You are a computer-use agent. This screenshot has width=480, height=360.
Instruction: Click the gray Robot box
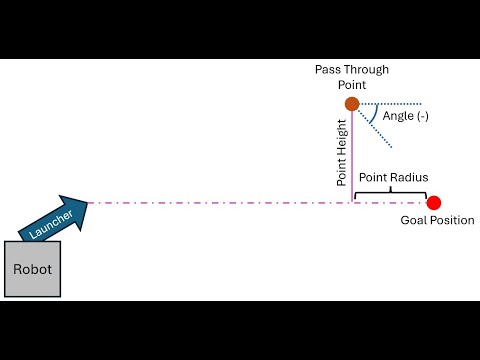(32, 269)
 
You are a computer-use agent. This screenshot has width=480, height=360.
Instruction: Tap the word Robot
(32, 269)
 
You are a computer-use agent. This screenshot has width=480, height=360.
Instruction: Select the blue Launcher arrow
(53, 219)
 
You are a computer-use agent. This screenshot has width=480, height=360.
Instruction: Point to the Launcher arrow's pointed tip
(88, 202)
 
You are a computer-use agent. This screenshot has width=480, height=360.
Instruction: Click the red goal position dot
(434, 203)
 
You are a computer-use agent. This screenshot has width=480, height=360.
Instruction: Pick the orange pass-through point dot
(352, 104)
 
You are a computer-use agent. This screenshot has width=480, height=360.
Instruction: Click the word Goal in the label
(413, 220)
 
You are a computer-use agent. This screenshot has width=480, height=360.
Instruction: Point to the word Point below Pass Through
(352, 85)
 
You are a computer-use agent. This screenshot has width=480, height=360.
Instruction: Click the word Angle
(398, 116)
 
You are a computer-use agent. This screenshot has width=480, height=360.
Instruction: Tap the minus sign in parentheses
(423, 116)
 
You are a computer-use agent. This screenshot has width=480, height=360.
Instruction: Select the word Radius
(410, 177)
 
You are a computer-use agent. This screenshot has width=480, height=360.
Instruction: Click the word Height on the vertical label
(342, 138)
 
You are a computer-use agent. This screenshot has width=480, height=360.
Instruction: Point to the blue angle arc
(374, 115)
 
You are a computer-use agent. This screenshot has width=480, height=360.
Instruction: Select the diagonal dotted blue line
(375, 129)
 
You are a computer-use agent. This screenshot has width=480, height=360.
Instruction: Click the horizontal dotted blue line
(391, 104)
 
